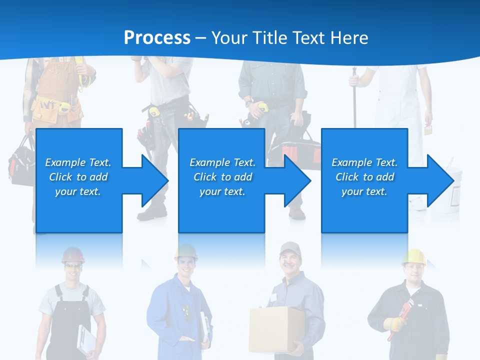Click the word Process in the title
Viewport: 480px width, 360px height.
tap(157, 37)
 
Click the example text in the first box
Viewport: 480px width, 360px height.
tap(78, 177)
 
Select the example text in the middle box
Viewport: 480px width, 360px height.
tap(222, 177)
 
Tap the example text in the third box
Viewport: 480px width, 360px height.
tap(364, 177)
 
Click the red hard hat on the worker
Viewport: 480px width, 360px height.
tap(73, 255)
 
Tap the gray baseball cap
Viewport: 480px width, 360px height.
tap(289, 247)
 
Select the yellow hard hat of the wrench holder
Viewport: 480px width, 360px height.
tap(414, 256)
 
